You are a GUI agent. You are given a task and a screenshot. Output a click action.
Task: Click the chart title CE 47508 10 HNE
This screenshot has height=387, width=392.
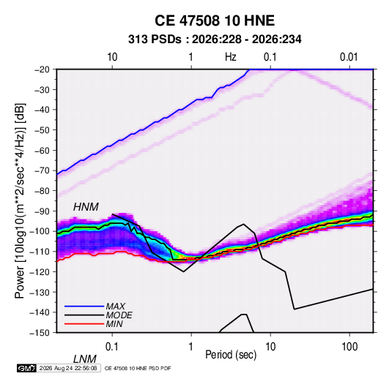[x=215, y=20]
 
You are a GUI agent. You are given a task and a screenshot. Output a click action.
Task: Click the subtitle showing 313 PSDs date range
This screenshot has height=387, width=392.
[x=215, y=40]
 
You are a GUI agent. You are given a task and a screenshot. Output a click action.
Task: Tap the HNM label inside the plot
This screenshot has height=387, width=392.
[x=86, y=207]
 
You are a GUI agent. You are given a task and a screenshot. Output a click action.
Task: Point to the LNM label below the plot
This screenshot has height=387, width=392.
[x=84, y=359]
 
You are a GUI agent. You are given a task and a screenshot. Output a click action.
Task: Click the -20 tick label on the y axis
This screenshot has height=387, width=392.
[x=42, y=69]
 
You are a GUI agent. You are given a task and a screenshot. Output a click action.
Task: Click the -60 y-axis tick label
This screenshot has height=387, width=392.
[x=42, y=150]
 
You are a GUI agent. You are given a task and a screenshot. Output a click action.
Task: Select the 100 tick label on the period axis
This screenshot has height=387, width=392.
[x=350, y=347]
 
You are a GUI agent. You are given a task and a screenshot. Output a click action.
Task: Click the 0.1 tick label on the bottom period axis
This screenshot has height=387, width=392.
[x=112, y=347]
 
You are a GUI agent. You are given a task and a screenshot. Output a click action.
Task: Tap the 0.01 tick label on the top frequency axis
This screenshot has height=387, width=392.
[x=349, y=57]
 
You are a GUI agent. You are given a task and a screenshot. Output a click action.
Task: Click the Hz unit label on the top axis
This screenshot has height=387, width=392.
[x=231, y=57]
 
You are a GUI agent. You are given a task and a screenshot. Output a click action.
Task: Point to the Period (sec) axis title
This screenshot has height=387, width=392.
[x=231, y=355]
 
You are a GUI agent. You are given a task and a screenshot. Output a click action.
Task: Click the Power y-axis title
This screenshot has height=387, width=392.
[x=20, y=201]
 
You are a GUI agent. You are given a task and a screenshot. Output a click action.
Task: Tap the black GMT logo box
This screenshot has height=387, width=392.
[x=27, y=368]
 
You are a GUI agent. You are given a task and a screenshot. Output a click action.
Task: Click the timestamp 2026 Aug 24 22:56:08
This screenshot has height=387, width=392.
[x=68, y=368]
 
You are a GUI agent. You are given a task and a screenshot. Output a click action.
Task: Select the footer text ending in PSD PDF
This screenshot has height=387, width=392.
[x=138, y=368]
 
